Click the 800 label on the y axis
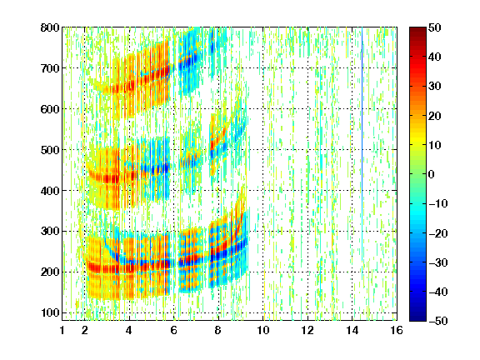[x=50, y=27]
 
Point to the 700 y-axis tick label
[x=50, y=68]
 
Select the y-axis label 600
[x=50, y=109]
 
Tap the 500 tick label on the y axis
[x=50, y=150]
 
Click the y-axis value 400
[x=50, y=191]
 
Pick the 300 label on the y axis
[x=50, y=231]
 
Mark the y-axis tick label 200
[x=50, y=272]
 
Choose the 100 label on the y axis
[x=50, y=312]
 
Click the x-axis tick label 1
[x=62, y=330]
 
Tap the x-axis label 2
[x=85, y=330]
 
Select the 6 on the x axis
[x=174, y=330]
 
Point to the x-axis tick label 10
[x=263, y=330]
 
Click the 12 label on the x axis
[x=307, y=330]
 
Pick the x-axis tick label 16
[x=397, y=330]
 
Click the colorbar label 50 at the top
[x=435, y=27]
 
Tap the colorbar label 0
[x=431, y=174]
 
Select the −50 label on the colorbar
[x=437, y=321]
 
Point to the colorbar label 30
[x=435, y=87]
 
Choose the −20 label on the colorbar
[x=437, y=233]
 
